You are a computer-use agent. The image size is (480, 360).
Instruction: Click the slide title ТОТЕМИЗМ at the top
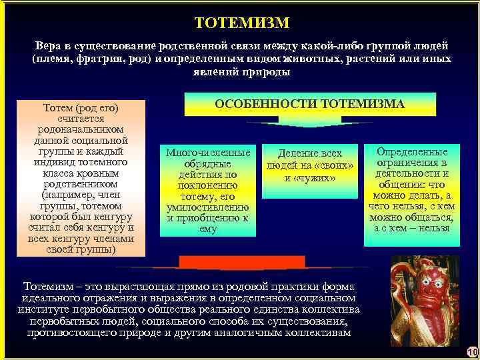click(242, 23)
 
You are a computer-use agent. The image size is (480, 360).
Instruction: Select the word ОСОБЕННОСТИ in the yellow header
click(265, 104)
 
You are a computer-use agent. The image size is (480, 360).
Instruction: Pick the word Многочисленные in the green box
click(207, 152)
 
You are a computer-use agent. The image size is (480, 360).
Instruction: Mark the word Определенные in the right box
click(411, 152)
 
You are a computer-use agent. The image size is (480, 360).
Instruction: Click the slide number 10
click(472, 351)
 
